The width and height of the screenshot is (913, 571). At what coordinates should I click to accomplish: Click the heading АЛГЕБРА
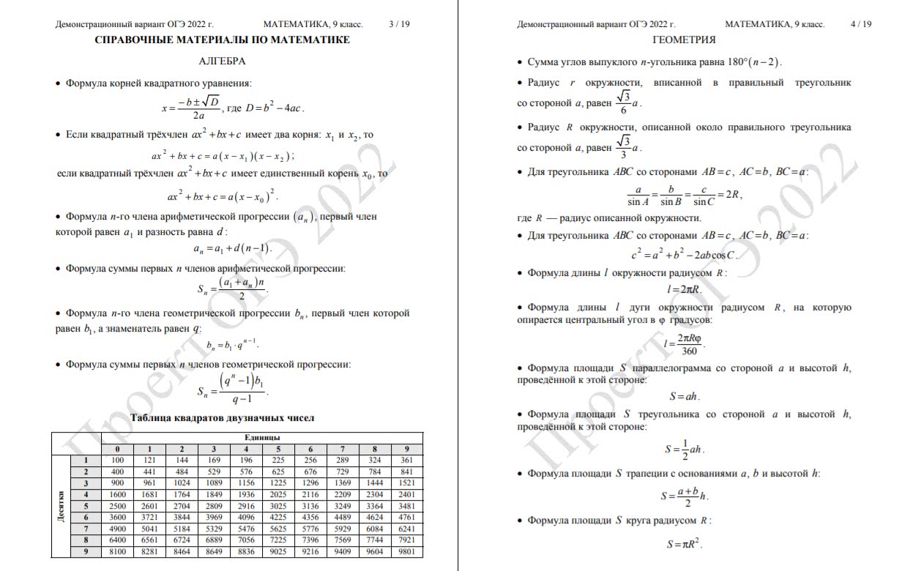(x=222, y=61)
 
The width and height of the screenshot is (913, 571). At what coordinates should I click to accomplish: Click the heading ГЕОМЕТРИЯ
(x=684, y=40)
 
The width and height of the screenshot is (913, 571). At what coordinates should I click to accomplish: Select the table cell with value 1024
(x=182, y=483)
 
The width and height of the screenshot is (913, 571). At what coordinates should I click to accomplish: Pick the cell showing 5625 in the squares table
(x=278, y=529)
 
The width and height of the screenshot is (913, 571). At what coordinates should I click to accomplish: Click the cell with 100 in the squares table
(x=117, y=460)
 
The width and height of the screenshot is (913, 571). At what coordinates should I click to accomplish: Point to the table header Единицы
(x=262, y=438)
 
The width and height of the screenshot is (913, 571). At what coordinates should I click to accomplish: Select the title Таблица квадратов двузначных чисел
(x=222, y=418)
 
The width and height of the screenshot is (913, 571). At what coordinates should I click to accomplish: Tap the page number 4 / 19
(x=861, y=24)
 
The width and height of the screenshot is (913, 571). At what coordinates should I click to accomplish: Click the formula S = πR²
(x=684, y=544)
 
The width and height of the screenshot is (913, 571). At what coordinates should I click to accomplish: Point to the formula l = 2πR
(x=684, y=289)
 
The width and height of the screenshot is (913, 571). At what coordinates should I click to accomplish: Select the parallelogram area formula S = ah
(x=684, y=397)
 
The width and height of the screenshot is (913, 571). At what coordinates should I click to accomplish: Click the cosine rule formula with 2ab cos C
(x=684, y=255)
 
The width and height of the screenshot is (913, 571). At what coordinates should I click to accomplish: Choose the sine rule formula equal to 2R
(x=684, y=195)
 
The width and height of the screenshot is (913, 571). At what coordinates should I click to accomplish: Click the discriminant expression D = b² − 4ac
(x=274, y=108)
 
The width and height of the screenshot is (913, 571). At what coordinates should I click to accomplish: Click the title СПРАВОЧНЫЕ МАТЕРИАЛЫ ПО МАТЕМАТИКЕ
(x=222, y=40)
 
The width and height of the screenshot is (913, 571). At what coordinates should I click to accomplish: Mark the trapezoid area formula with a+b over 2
(x=684, y=496)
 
